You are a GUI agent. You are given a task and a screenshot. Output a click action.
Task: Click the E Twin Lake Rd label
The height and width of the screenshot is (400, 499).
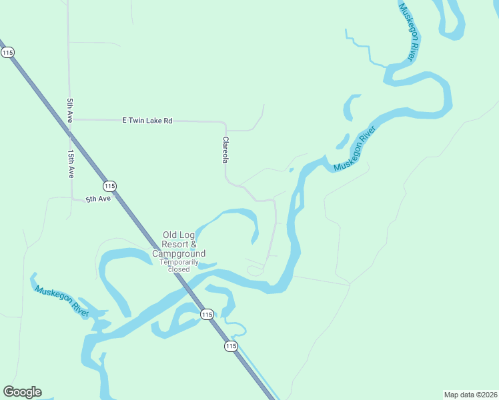click(147, 121)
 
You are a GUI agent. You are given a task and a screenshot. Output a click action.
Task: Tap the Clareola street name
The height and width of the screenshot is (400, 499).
click(225, 151)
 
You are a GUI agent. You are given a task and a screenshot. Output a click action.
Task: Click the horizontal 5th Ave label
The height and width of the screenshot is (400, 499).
click(97, 199)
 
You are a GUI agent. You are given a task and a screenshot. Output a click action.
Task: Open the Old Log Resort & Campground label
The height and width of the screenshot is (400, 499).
click(178, 244)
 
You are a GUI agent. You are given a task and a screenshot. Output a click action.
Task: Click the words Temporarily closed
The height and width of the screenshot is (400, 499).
click(179, 265)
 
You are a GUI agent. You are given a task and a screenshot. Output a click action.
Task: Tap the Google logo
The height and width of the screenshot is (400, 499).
click(22, 392)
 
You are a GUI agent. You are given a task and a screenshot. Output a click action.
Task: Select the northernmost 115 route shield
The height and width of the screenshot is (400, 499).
click(7, 53)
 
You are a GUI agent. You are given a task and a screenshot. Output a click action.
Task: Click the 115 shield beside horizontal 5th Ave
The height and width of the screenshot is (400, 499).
click(110, 186)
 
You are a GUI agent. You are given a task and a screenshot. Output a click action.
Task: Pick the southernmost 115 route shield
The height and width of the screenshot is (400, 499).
click(230, 346)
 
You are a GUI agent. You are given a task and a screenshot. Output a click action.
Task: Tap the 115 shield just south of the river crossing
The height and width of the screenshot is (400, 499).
click(207, 314)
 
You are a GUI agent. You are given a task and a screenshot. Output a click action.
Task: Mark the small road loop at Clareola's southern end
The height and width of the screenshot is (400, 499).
click(255, 270)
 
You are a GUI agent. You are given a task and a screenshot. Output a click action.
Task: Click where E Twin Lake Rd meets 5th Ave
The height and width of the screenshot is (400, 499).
click(71, 119)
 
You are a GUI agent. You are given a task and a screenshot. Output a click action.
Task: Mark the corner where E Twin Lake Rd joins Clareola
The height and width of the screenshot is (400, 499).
click(225, 123)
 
